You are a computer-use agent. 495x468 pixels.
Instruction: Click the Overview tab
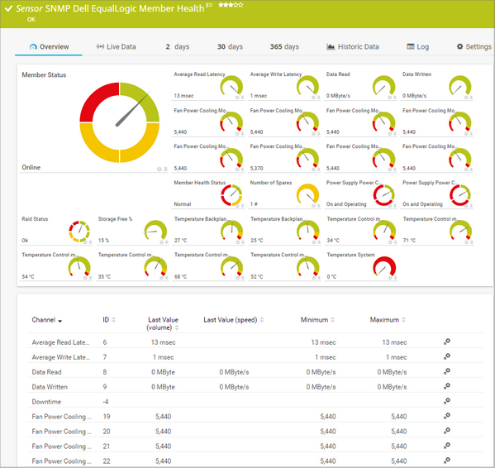coord(49,47)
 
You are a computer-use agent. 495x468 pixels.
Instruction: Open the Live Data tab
coord(117,47)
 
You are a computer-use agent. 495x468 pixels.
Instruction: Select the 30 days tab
coord(230,47)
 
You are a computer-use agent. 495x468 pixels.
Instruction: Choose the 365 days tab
coord(284,47)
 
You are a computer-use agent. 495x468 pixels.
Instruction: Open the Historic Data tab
coord(353,47)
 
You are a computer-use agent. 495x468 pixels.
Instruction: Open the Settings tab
coord(474,47)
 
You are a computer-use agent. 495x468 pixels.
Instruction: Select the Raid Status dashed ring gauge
coord(79,231)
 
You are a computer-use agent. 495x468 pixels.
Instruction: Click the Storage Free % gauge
coord(155,231)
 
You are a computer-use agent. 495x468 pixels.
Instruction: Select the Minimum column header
coord(315,320)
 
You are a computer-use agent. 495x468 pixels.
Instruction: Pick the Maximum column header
coord(384,320)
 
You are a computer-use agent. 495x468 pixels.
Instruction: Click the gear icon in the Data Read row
coord(447,371)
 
